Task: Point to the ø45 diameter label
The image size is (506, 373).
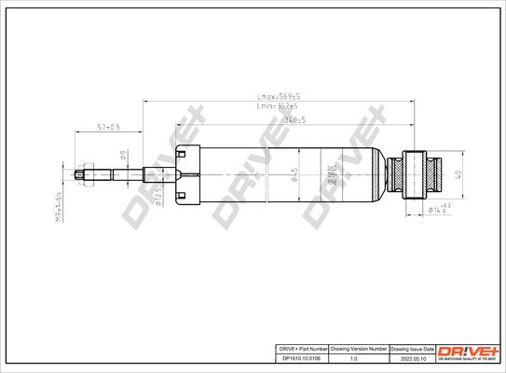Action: pos(294,174)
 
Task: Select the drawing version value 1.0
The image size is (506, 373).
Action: pos(352,356)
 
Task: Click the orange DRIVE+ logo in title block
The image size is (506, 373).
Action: pos(468,350)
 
